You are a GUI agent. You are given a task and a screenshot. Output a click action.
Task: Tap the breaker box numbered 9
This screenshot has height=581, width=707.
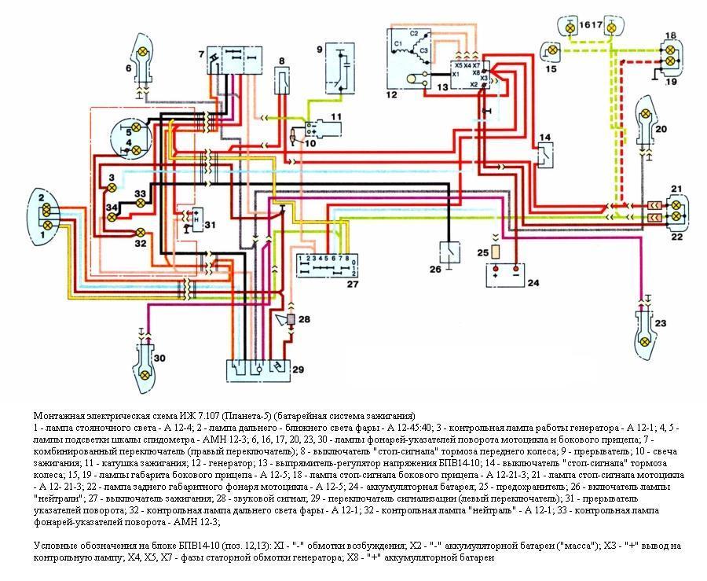339,69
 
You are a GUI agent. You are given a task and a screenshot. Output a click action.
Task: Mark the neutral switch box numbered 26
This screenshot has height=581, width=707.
449,252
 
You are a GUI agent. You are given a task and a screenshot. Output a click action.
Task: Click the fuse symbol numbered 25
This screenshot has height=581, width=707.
500,252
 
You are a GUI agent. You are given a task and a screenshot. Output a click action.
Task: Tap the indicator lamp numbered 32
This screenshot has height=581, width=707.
141,232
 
